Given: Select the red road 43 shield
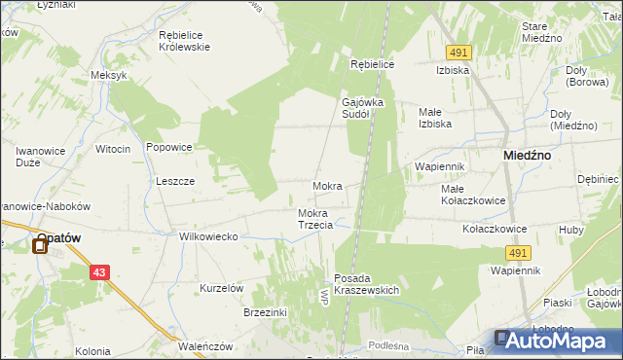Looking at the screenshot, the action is pyautogui.click(x=100, y=273).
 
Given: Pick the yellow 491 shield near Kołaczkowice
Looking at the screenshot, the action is pyautogui.click(x=517, y=253).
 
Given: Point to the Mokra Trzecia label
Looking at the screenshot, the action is pyautogui.click(x=315, y=219).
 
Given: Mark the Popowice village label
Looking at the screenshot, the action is pyautogui.click(x=168, y=147).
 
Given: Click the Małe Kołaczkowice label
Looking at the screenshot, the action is pyautogui.click(x=472, y=195).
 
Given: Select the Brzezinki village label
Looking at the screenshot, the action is pyautogui.click(x=265, y=312).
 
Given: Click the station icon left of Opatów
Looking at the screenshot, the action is pyautogui.click(x=40, y=245).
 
